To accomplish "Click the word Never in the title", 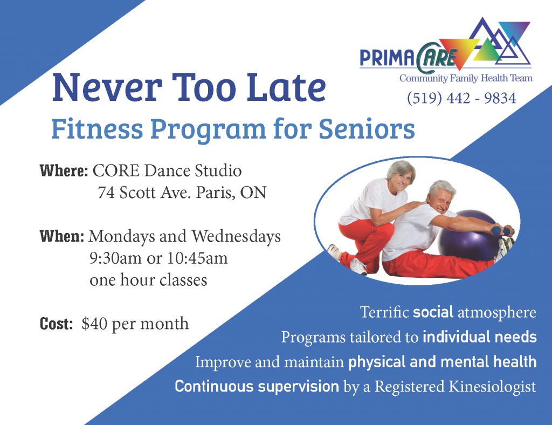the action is coord(107,87).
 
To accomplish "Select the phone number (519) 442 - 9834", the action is coord(461,98).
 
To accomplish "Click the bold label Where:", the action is coord(64,171).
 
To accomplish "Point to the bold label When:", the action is coord(62,236).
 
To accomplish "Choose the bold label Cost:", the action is coord(56,324).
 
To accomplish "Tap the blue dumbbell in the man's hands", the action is coord(501,231).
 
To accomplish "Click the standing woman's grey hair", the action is coord(401,169).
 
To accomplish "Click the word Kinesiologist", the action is coord(492,387).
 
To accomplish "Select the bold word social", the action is coord(433,312).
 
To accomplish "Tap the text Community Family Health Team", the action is coord(466,78).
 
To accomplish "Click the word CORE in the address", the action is coord(116,171).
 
